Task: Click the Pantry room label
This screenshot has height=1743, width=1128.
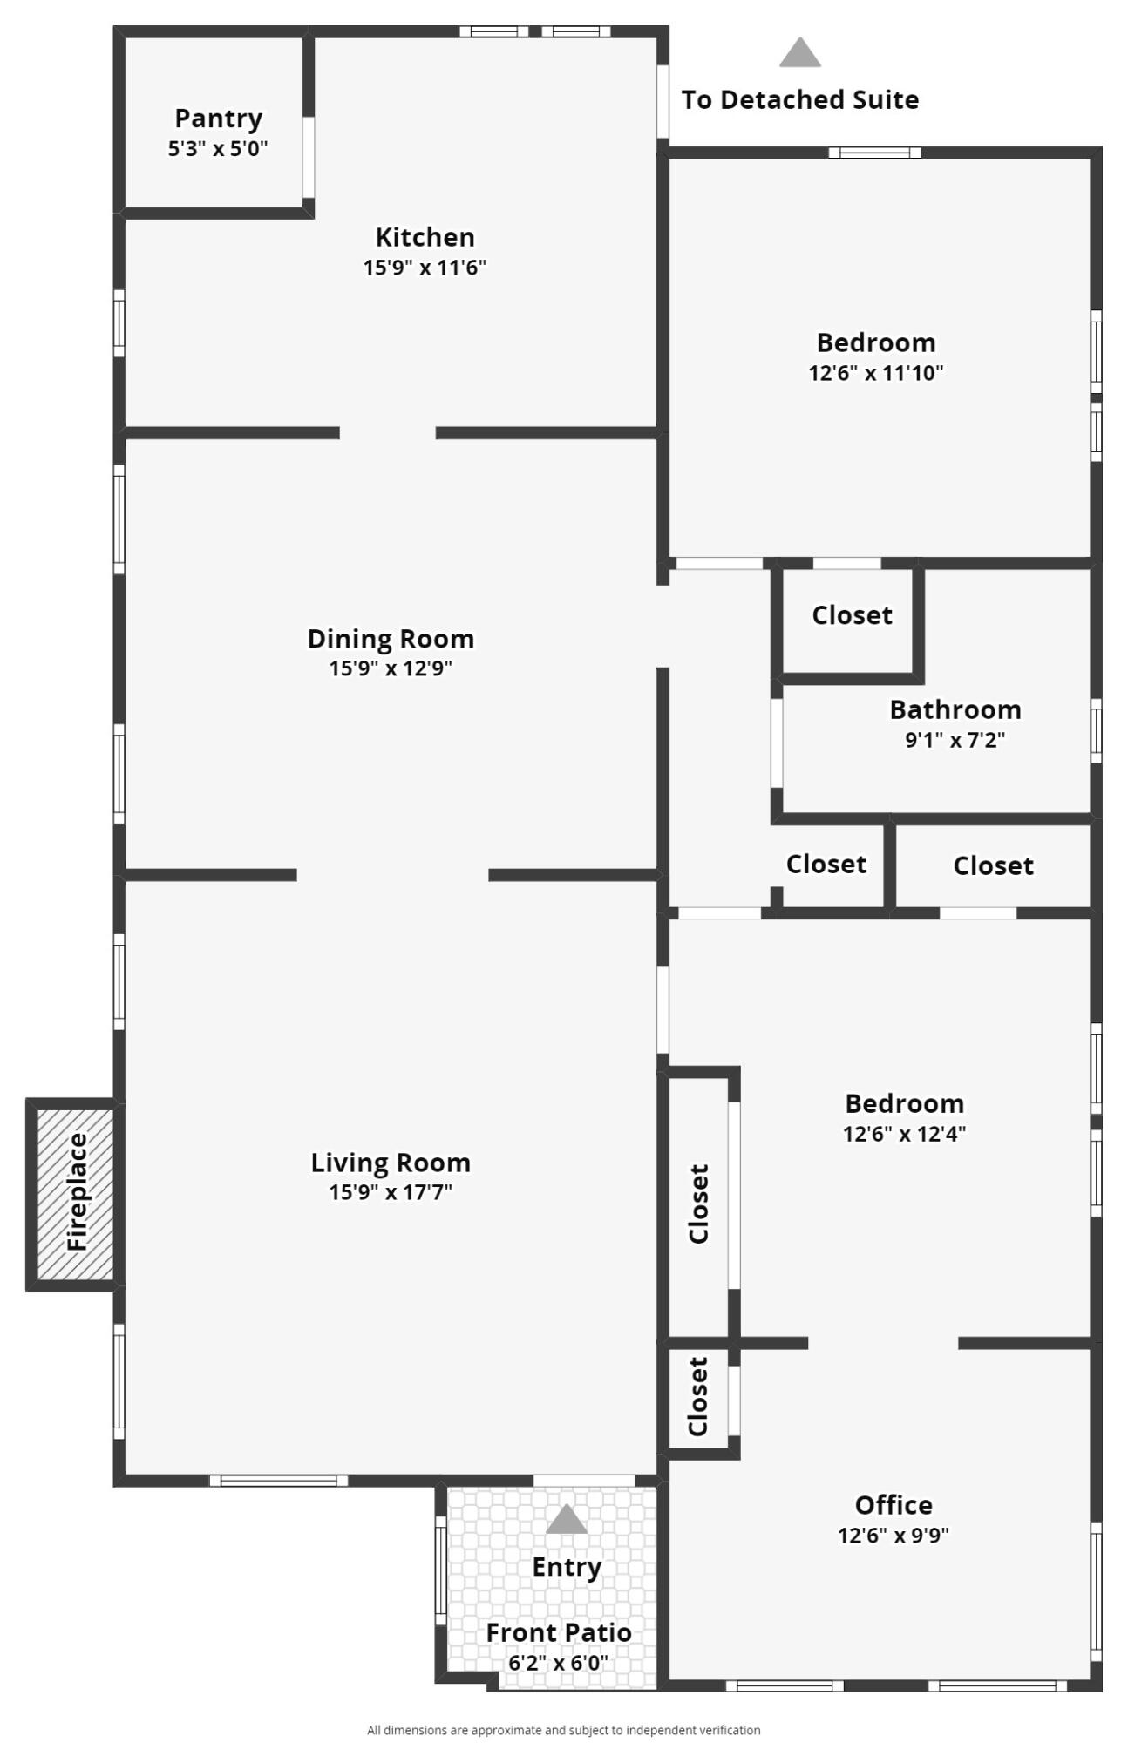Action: click(x=218, y=119)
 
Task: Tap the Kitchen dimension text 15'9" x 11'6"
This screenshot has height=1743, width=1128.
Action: click(x=425, y=267)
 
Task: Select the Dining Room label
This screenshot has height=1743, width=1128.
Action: click(x=391, y=639)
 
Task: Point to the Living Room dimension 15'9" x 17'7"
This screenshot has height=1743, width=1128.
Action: click(x=391, y=1191)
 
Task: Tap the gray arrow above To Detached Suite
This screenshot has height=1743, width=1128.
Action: click(x=800, y=52)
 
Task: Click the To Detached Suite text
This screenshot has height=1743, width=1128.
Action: click(x=800, y=100)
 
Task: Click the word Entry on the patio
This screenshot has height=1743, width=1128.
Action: click(x=567, y=1567)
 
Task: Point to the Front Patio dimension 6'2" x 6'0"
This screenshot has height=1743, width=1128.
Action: click(x=559, y=1662)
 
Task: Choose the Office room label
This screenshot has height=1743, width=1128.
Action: click(x=894, y=1505)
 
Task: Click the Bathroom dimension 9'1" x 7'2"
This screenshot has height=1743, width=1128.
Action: click(x=955, y=740)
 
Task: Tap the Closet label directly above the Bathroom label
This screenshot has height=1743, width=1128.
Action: click(x=852, y=615)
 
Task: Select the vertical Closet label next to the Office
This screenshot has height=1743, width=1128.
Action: click(x=698, y=1396)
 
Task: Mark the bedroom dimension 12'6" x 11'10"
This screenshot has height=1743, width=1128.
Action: click(x=876, y=373)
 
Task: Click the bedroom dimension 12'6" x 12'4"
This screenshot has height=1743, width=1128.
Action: click(x=904, y=1134)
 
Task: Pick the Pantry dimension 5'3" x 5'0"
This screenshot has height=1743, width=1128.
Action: click(x=218, y=148)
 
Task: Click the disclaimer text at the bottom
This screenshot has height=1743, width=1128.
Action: click(x=564, y=1730)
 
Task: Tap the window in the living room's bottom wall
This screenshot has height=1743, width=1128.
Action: click(x=279, y=1480)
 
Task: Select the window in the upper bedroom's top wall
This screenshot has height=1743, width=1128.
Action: click(x=874, y=153)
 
